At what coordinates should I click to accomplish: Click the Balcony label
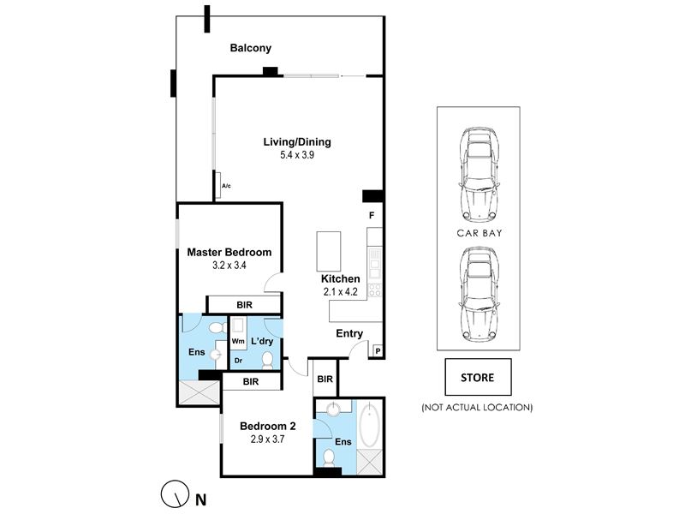click(251, 48)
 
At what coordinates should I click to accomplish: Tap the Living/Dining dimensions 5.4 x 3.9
click(297, 155)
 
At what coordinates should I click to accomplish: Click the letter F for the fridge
click(372, 216)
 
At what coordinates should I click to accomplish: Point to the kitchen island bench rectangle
click(329, 252)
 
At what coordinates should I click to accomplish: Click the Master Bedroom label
click(229, 252)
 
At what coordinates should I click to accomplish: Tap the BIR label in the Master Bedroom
click(245, 305)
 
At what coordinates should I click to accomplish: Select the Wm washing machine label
click(238, 341)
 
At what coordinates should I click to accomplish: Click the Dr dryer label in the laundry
click(239, 361)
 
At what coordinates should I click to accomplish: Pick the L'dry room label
click(262, 341)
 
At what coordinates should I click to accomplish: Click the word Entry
click(349, 333)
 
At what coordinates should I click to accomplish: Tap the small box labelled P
click(377, 350)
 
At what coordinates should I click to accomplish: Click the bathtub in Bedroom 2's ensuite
click(370, 425)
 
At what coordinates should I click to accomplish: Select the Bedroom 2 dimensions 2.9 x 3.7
click(267, 439)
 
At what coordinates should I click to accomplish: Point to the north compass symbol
click(175, 494)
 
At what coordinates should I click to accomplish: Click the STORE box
click(478, 377)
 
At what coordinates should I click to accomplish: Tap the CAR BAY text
click(479, 233)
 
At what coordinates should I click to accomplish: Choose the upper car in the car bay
click(479, 174)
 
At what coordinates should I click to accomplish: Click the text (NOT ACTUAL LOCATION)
click(477, 408)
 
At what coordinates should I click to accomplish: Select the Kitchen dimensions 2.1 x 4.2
click(340, 292)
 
